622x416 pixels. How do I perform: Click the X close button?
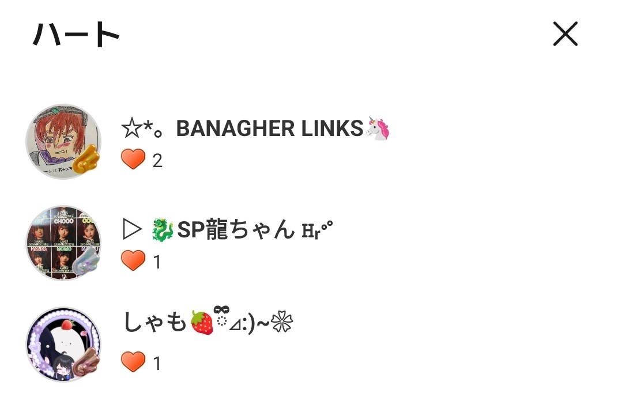[566, 34]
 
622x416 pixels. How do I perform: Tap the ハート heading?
[76, 34]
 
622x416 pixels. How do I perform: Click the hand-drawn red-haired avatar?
[63, 142]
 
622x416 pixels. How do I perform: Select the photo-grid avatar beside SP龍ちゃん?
[63, 243]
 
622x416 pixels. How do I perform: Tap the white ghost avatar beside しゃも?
[63, 344]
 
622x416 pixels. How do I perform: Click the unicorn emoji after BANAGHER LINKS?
[378, 128]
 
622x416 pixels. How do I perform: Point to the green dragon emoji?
[163, 230]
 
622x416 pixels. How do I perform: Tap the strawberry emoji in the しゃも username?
[202, 322]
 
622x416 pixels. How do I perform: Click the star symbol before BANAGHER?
[131, 128]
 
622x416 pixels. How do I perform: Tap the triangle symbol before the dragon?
[132, 230]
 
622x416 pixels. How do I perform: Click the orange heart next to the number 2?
[133, 160]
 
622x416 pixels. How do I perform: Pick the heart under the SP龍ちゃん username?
[133, 260]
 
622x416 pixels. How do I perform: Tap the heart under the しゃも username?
[133, 362]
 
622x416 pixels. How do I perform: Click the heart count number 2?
[157, 161]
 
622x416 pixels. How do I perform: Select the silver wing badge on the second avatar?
[86, 260]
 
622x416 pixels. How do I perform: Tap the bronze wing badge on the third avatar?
[86, 362]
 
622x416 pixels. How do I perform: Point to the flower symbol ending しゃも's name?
[282, 322]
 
